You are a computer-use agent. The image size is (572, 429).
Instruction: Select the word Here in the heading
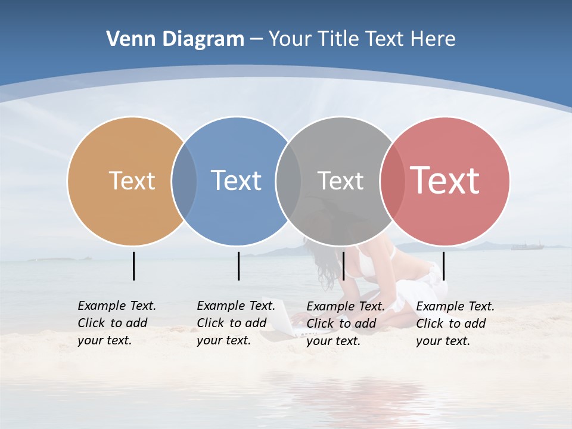[x=435, y=39]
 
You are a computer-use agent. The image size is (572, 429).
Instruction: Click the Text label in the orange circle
[x=132, y=181]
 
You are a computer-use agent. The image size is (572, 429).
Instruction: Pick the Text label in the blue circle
[x=236, y=181]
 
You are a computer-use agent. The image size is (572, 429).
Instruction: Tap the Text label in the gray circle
[x=340, y=181]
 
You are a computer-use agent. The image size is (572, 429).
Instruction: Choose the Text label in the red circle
[x=445, y=181]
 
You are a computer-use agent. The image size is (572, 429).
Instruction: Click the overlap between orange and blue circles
[x=184, y=181]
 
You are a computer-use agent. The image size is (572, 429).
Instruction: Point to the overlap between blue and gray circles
[x=288, y=181]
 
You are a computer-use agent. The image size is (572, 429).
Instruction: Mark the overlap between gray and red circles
[x=392, y=181]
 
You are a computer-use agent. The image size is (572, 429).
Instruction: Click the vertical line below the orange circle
[x=133, y=266]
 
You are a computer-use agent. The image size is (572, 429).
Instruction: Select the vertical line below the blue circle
[x=238, y=266]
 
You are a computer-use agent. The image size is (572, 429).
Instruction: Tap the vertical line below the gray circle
[x=343, y=266]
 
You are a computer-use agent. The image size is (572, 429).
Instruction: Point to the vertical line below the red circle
[x=443, y=266]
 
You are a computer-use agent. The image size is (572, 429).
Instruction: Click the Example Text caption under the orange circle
[x=117, y=323]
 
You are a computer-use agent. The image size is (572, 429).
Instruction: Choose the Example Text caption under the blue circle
[x=236, y=323]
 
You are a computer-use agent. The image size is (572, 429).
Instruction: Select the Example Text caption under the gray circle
[x=346, y=324]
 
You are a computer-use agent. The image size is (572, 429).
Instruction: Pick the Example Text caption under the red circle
[x=455, y=324]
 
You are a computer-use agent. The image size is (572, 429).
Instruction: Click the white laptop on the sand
[x=280, y=319]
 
